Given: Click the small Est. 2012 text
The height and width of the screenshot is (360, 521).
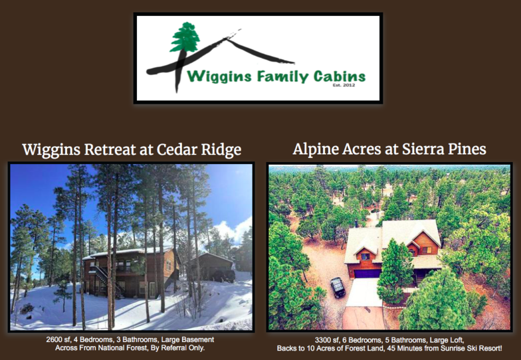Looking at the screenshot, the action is click(344, 85).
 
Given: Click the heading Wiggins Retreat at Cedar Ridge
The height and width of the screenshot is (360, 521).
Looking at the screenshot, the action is click(132, 149).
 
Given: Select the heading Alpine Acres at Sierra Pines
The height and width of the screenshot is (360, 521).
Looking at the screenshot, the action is click(389, 149).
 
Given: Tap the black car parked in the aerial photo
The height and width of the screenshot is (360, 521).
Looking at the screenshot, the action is click(338, 287).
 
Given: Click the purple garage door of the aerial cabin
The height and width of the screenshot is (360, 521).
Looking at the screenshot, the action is click(367, 274).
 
